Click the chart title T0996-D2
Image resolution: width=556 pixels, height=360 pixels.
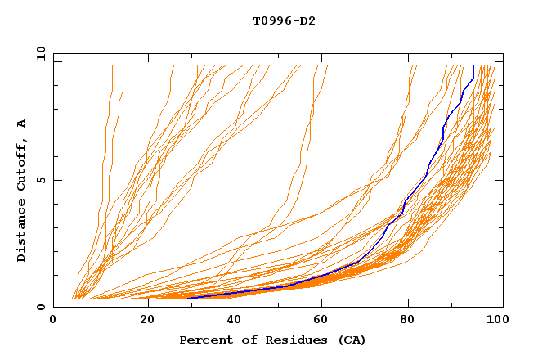[x=284, y=20]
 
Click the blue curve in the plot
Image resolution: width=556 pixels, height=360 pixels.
[x=428, y=173]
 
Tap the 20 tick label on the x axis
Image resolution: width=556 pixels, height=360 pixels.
[x=142, y=320]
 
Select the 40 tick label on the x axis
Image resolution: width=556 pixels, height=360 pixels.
[x=231, y=320]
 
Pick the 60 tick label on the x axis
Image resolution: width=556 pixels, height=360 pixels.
[x=319, y=320]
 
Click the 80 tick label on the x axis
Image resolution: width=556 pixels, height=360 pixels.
[x=407, y=320]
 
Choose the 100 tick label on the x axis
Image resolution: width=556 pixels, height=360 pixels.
[x=495, y=320]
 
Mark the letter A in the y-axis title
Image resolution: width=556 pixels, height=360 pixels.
[x=22, y=123]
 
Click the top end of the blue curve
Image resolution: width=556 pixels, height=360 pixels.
[x=473, y=67]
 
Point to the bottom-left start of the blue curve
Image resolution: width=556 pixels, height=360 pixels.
[x=188, y=297]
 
